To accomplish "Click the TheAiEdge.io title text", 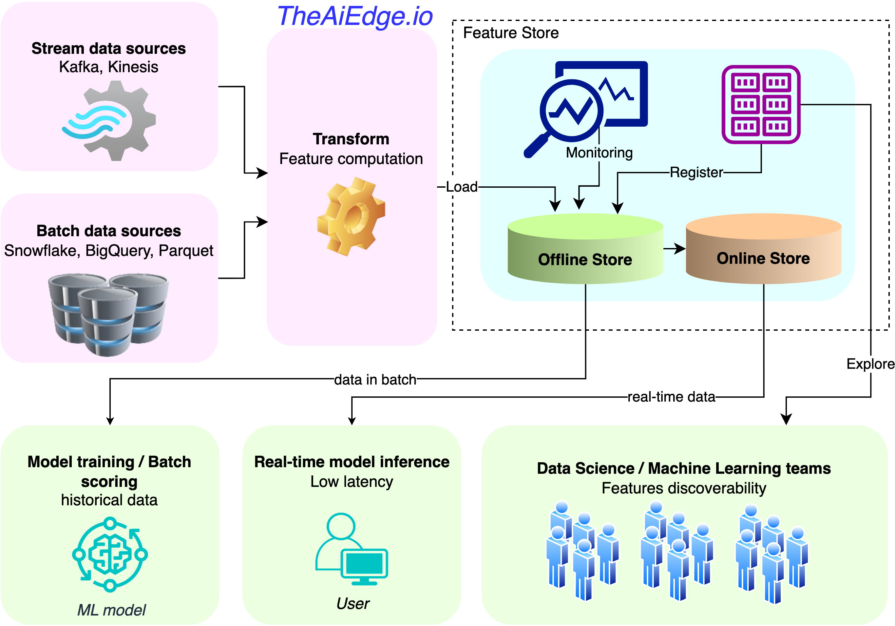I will (355, 16).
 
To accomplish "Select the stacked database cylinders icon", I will (108, 314).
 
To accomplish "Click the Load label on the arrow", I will (462, 187).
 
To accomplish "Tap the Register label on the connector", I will (696, 172).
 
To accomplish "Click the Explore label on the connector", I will (870, 364).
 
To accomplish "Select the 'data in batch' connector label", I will (375, 379).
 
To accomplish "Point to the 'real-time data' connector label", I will (671, 397).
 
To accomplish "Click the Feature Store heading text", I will (511, 33).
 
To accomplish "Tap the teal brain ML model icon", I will (110, 554).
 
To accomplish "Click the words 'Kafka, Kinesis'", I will (108, 67).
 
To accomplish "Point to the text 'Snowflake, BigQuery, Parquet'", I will (108, 251).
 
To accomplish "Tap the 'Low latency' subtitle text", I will (352, 482).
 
